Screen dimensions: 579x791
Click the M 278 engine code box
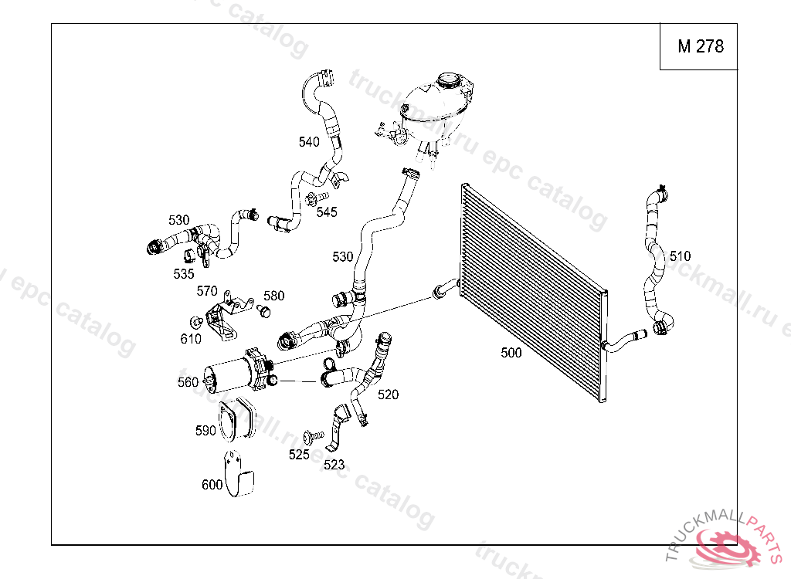(x=700, y=46)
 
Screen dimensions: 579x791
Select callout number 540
(x=309, y=142)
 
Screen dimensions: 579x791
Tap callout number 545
(x=327, y=212)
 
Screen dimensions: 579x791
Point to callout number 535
(x=184, y=274)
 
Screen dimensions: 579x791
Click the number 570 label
(x=207, y=291)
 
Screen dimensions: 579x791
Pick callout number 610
(x=191, y=338)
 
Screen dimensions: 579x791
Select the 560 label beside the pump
(x=188, y=382)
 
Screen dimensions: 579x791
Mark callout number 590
(x=205, y=431)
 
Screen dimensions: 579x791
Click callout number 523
(x=334, y=465)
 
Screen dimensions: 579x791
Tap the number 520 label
(x=388, y=394)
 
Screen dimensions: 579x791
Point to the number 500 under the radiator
(x=511, y=353)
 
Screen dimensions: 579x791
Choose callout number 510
(x=680, y=256)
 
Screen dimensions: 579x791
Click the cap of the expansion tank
(x=448, y=80)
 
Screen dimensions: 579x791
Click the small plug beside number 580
(x=264, y=311)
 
